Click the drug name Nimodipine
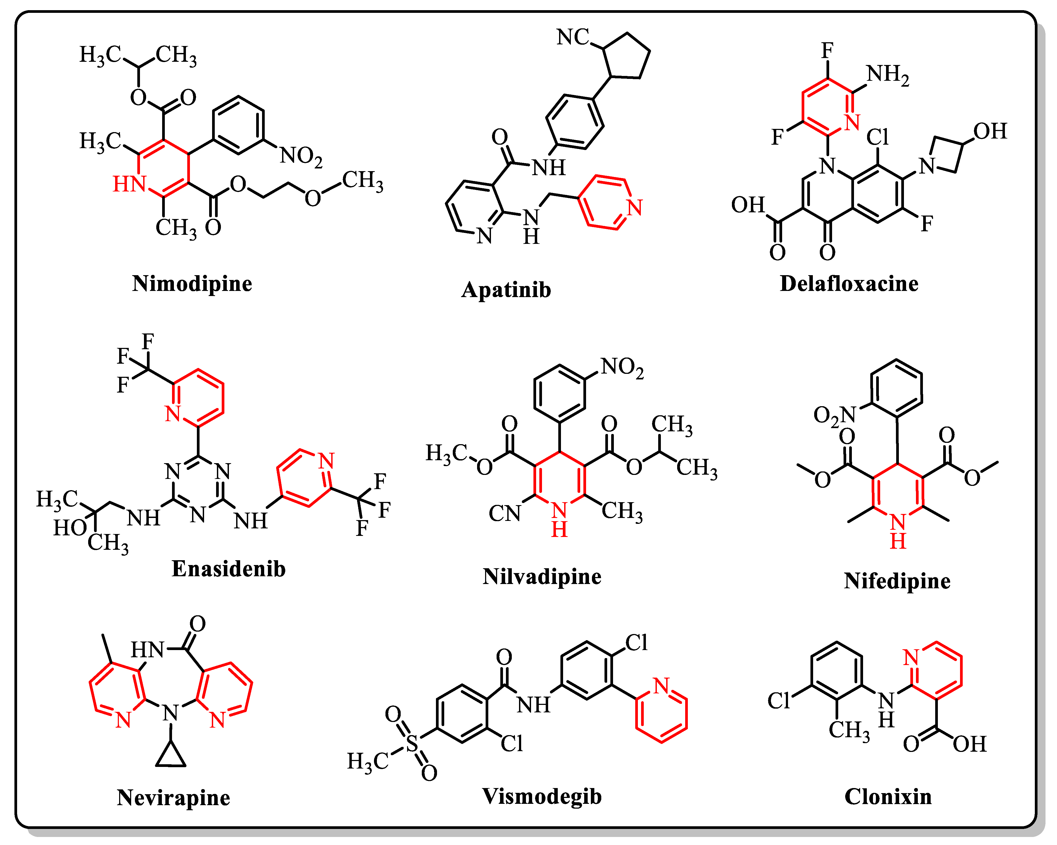tap(192, 284)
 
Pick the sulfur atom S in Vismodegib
tap(412, 743)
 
